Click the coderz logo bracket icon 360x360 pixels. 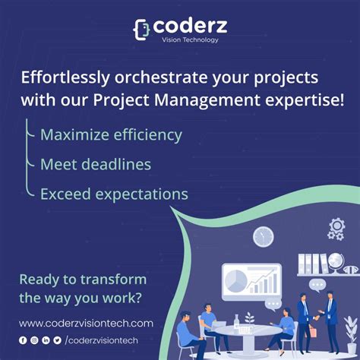coord(141,29)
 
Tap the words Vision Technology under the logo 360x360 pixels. coord(185,39)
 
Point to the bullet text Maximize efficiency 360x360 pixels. coord(111,135)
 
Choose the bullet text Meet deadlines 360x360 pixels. coord(96,164)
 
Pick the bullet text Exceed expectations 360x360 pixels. coord(114,194)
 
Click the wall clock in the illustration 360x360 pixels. coord(263,236)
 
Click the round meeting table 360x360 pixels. coord(246,333)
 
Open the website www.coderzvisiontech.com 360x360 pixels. coord(86,323)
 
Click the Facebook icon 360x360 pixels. coord(23,340)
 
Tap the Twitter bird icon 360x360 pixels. coord(57,340)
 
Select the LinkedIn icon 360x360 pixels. coord(46,340)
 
